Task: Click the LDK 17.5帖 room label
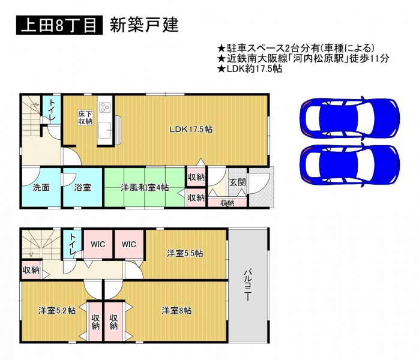click(x=191, y=130)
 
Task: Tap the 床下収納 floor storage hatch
click(x=85, y=118)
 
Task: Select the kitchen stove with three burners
click(x=104, y=108)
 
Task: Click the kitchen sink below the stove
click(x=104, y=130)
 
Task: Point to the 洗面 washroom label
click(x=41, y=187)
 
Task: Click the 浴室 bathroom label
click(x=82, y=187)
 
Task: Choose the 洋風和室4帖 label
click(x=145, y=187)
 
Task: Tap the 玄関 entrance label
click(x=238, y=182)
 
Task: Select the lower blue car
click(x=349, y=164)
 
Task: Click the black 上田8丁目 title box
click(x=59, y=25)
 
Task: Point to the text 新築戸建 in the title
click(x=144, y=25)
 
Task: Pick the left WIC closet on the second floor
click(x=98, y=244)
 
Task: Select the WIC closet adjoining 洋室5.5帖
click(x=129, y=244)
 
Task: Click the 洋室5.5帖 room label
click(x=185, y=253)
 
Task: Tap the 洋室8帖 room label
click(x=176, y=311)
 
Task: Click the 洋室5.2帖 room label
click(x=57, y=311)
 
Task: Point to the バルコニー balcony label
click(x=248, y=285)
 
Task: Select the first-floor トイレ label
click(x=52, y=110)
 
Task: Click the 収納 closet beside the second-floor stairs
click(x=31, y=270)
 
